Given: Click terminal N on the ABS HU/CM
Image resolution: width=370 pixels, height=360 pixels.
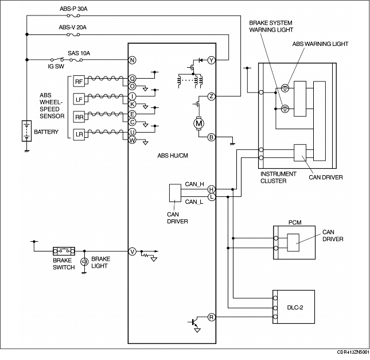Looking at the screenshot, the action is tap(132, 60).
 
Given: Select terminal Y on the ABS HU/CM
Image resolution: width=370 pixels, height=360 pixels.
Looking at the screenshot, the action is tap(212, 60).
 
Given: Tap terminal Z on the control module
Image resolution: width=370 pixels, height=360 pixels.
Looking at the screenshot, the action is tap(212, 96).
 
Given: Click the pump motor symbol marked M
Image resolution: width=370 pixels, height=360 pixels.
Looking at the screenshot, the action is tap(198, 123).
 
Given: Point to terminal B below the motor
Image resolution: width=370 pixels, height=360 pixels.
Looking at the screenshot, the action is tap(212, 137).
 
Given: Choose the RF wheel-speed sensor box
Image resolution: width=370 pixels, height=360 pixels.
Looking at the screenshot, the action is tap(79, 82).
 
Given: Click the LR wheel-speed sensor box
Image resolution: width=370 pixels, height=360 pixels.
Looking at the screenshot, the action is tap(79, 134).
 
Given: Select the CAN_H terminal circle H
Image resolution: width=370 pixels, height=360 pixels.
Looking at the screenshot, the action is tap(212, 189).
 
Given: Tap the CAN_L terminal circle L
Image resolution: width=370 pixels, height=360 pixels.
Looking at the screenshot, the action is tap(212, 196).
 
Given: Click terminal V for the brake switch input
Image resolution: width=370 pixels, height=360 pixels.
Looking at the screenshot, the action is tap(132, 251).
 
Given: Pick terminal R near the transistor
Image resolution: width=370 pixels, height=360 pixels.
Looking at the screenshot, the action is tap(212, 317).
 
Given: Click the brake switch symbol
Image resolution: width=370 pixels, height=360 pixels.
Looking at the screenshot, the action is tap(64, 251).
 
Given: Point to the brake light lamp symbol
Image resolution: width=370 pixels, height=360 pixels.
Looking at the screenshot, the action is tap(84, 262).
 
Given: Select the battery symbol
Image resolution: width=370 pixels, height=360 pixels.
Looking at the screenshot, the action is tap(26, 131).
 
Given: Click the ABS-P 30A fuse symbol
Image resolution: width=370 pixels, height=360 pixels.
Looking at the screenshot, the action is tap(73, 16).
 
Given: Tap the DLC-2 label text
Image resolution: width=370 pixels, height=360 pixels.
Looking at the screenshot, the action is tap(295, 307).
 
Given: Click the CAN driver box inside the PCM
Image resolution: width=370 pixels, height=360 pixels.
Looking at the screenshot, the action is tap(293, 243).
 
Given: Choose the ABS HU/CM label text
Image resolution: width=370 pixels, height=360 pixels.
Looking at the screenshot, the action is tap(173, 156).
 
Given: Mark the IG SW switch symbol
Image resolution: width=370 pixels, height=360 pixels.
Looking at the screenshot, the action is tap(57, 60).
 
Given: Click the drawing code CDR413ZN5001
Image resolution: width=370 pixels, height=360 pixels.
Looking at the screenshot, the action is tap(353, 352).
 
